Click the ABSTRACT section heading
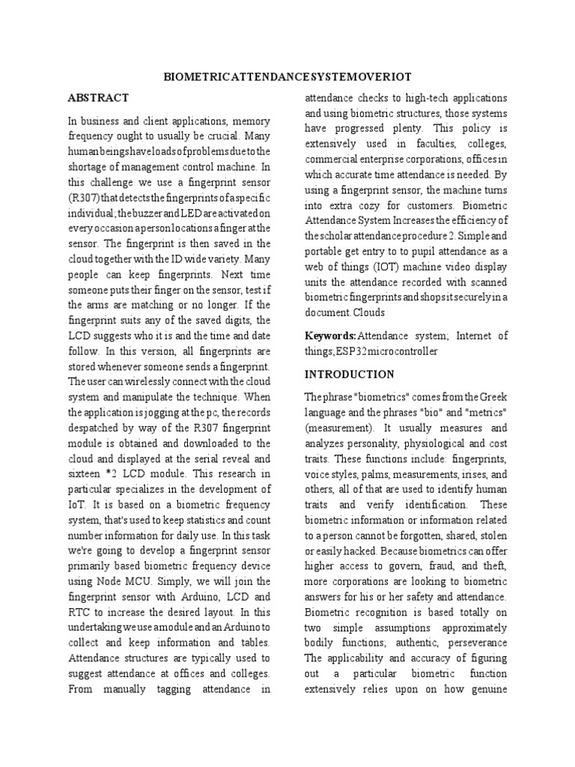(98, 98)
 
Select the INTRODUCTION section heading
(349, 374)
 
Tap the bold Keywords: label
(329, 335)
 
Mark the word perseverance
(478, 643)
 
